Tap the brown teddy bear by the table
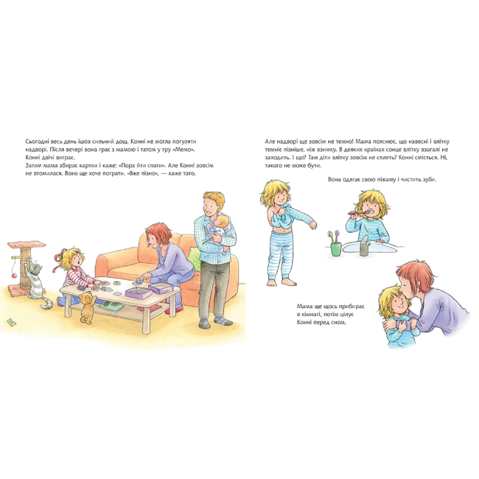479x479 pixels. tap(86, 307)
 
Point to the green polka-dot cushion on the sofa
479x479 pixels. tap(195, 259)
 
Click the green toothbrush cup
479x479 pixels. tap(336, 248)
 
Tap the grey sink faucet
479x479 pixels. tap(363, 245)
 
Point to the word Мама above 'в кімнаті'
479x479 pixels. tap(304, 306)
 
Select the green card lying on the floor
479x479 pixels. tap(12, 322)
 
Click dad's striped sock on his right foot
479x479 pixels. tap(223, 321)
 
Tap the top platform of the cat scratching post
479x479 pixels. tap(27, 245)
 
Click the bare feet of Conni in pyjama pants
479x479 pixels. tap(282, 282)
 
